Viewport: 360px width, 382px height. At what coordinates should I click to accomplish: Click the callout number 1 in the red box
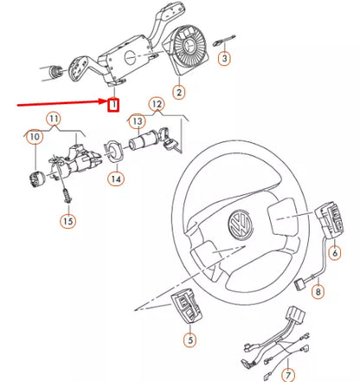click(x=112, y=106)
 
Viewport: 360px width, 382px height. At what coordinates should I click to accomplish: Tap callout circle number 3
click(x=224, y=59)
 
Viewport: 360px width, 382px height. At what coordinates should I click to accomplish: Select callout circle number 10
click(x=35, y=137)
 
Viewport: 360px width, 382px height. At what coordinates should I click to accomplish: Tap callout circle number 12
click(x=156, y=106)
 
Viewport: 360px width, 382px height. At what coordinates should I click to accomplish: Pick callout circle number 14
click(x=115, y=179)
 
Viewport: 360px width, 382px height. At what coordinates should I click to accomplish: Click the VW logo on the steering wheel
click(x=235, y=230)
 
